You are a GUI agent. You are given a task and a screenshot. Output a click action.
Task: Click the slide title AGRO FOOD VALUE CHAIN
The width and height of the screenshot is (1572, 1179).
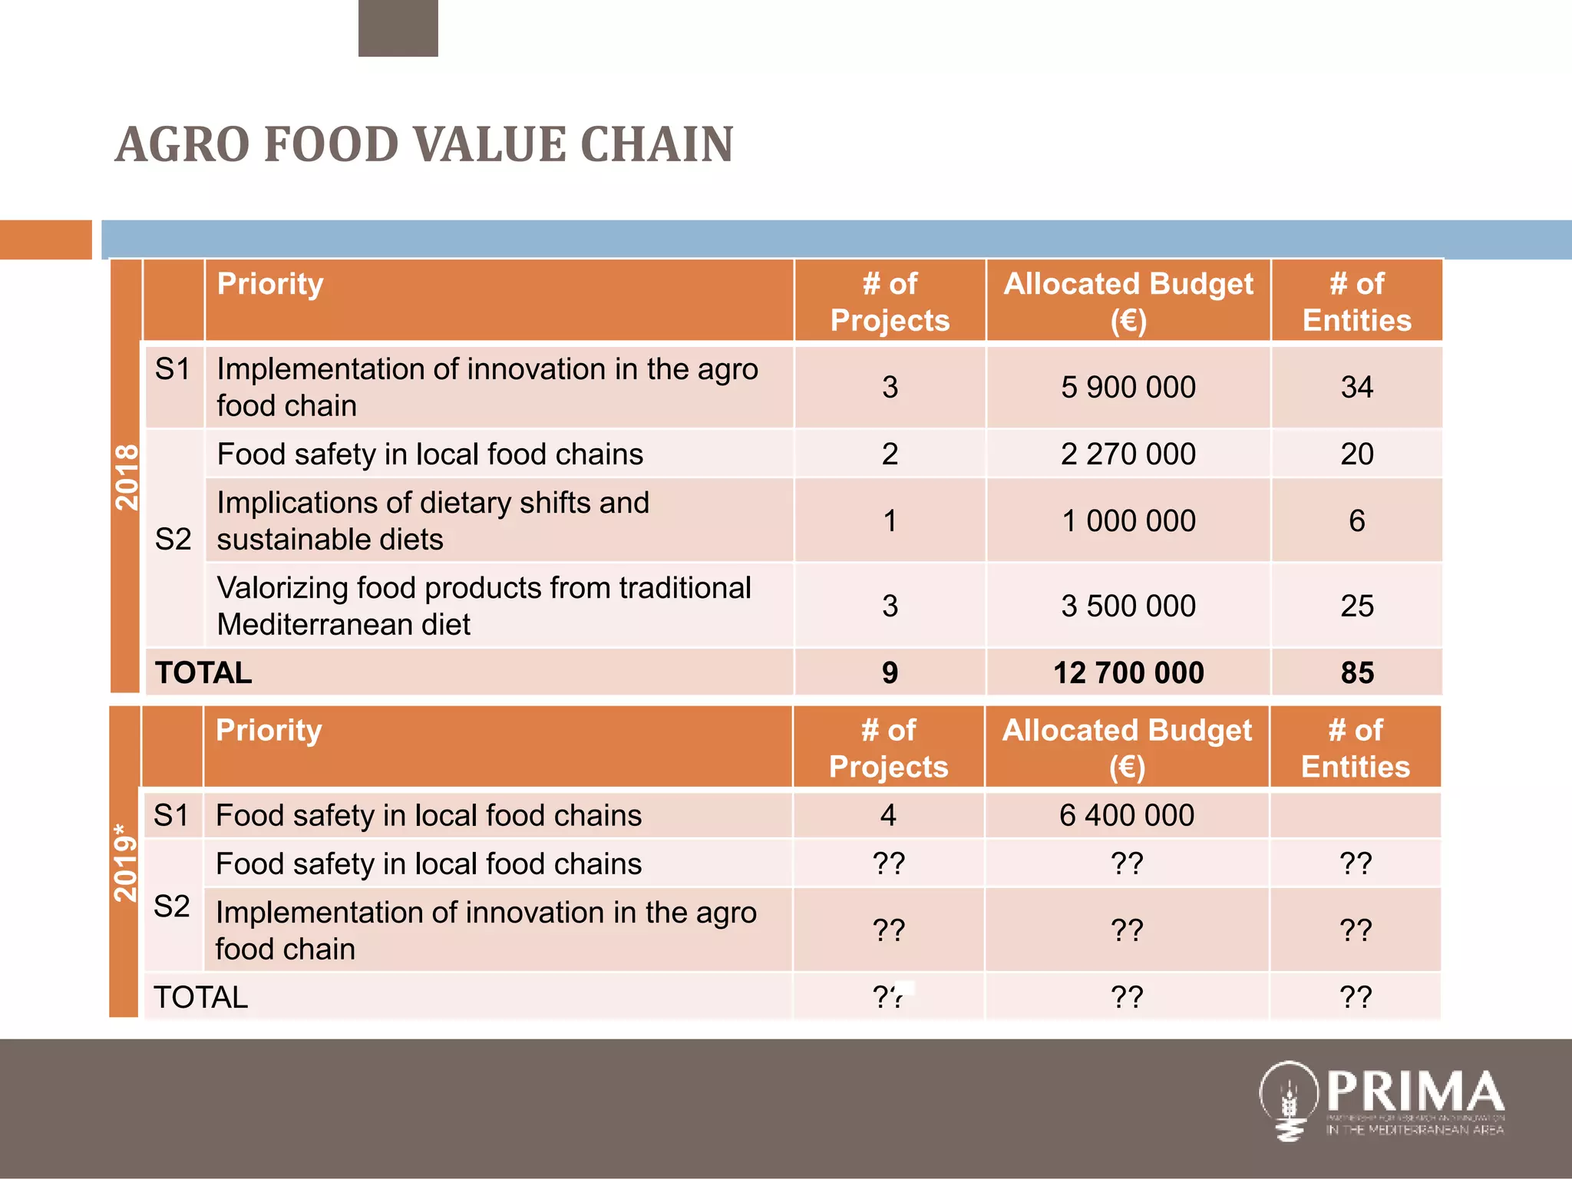click(424, 144)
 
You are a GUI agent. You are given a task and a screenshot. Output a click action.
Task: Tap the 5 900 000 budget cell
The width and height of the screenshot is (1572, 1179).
click(1128, 387)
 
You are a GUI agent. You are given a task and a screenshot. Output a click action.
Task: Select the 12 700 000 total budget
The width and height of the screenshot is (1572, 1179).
click(1128, 672)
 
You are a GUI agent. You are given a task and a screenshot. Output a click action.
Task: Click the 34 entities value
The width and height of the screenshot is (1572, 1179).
click(1356, 387)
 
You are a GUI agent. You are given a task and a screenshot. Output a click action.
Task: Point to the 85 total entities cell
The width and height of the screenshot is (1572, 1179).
click(1356, 672)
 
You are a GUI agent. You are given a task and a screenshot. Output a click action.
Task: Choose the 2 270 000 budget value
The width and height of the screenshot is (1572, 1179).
click(1128, 454)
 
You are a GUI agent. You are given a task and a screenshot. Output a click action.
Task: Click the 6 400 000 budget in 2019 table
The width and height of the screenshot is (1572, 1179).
click(1126, 815)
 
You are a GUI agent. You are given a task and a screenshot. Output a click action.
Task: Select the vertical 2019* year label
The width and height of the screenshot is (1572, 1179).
click(125, 862)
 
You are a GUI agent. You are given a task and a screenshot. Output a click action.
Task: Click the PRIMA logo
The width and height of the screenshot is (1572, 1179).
click(1381, 1101)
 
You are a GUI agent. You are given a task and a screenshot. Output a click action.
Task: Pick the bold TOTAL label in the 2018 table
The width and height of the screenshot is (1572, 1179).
click(203, 672)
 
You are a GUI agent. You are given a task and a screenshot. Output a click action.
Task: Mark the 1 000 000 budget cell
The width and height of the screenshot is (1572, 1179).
click(1128, 520)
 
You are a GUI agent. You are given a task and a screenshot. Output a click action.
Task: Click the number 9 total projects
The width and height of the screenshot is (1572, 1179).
click(890, 672)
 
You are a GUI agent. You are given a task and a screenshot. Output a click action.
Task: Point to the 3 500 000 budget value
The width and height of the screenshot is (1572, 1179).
click(1128, 606)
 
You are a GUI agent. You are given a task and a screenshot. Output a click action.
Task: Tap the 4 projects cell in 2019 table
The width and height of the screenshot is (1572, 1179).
click(888, 815)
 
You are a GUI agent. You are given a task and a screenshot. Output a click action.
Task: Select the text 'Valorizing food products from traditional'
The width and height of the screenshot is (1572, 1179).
click(484, 588)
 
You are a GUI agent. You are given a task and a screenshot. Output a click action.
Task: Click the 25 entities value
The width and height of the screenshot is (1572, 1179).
click(1356, 606)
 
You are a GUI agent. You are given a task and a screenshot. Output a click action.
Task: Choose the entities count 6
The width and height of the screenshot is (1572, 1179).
click(1356, 520)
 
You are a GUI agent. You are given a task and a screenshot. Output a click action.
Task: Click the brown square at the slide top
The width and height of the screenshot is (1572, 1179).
click(398, 28)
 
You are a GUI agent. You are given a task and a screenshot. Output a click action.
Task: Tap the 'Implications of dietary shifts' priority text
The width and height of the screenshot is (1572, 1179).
click(433, 503)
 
